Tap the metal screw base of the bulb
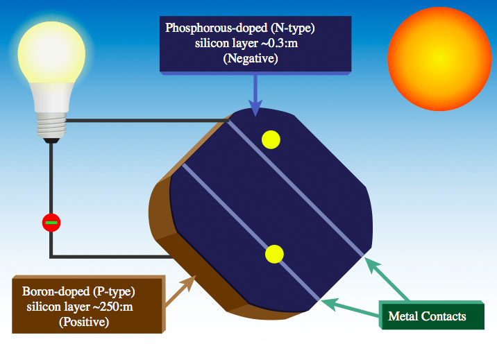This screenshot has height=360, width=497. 51,122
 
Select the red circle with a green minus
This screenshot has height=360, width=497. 51,223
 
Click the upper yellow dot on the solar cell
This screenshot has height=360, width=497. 271,139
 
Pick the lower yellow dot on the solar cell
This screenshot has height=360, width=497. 275,255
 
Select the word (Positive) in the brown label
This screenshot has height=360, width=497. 87,322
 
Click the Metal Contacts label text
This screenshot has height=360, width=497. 427,316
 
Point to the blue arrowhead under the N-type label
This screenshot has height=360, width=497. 255,108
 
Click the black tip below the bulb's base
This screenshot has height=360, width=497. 50,140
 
